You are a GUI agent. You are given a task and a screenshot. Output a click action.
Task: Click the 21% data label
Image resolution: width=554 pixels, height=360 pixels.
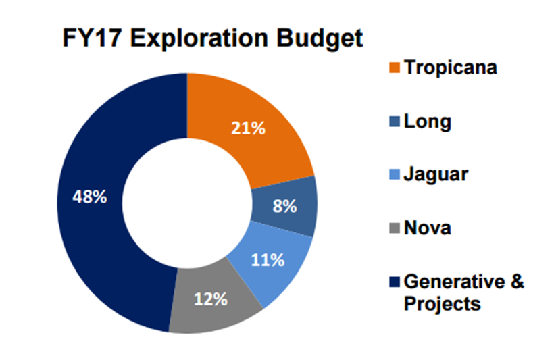click(248, 128)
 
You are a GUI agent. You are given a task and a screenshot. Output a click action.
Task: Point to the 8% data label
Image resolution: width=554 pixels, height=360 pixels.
click(284, 206)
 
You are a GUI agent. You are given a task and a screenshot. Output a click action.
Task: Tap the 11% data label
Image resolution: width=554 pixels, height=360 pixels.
click(268, 260)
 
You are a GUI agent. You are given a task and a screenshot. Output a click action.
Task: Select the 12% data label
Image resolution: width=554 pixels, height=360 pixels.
click(211, 299)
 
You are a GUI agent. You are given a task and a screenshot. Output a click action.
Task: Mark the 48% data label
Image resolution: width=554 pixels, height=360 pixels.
click(90, 197)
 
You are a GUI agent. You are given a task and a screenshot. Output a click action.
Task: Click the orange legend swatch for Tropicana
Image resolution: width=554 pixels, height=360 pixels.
click(395, 68)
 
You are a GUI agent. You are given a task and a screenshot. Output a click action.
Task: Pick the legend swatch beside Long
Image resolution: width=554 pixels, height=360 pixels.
click(395, 122)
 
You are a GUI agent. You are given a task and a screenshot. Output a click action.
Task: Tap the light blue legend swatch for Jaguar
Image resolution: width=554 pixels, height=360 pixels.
click(395, 174)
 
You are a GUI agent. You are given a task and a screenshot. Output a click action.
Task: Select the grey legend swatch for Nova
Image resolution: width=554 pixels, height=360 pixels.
click(395, 228)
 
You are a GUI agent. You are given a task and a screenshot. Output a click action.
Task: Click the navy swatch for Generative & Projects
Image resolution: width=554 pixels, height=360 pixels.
click(395, 282)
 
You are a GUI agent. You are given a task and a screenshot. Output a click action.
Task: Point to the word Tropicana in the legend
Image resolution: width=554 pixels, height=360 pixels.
click(451, 68)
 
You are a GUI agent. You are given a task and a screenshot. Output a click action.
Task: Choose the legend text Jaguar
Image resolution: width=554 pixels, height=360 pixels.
click(436, 175)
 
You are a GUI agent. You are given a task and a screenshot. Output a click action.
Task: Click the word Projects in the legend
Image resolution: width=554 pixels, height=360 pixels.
click(443, 304)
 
